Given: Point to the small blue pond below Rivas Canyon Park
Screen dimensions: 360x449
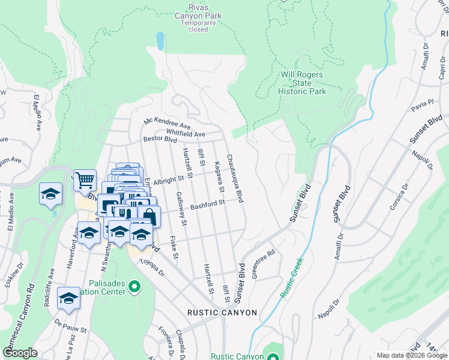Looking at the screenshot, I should tap(160, 40).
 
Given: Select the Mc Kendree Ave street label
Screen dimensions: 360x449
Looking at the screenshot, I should tap(167, 121).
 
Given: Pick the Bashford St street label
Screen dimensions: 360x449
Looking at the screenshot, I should tap(207, 205).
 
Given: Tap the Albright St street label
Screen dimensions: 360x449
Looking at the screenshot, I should tap(167, 180).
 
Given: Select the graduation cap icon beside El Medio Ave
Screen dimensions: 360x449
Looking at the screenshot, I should tap(51, 194).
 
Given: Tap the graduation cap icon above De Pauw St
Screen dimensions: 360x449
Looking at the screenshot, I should tap(69, 298).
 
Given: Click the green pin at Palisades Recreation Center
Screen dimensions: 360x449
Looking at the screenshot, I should tap(134, 287).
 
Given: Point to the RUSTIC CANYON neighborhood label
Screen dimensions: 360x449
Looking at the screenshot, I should tap(222, 313).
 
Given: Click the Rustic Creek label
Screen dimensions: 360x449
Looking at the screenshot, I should tap(292, 277).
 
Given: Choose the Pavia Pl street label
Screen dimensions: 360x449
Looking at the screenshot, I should tap(422, 106).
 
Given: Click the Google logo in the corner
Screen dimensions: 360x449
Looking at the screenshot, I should tap(20, 353).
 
